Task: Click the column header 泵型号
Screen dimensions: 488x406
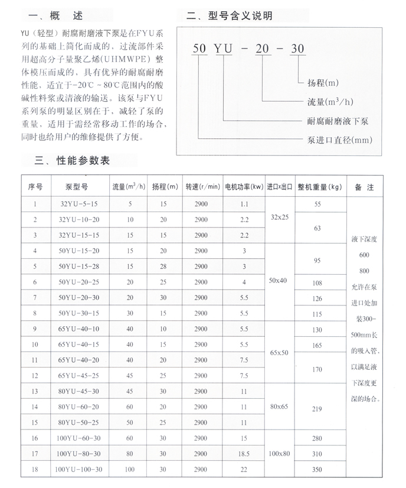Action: [x=77, y=187]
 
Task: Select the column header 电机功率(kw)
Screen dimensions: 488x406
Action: [x=244, y=187]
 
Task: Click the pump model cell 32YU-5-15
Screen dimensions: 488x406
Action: [x=77, y=204]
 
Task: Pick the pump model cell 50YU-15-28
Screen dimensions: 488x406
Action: [x=77, y=266]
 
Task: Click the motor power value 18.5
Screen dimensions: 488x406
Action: [x=244, y=454]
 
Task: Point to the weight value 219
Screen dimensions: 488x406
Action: [x=318, y=408]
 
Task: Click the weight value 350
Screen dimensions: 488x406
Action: [x=318, y=470]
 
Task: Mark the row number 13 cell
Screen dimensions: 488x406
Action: [x=35, y=391]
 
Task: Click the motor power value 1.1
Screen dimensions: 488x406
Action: [x=244, y=204]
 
